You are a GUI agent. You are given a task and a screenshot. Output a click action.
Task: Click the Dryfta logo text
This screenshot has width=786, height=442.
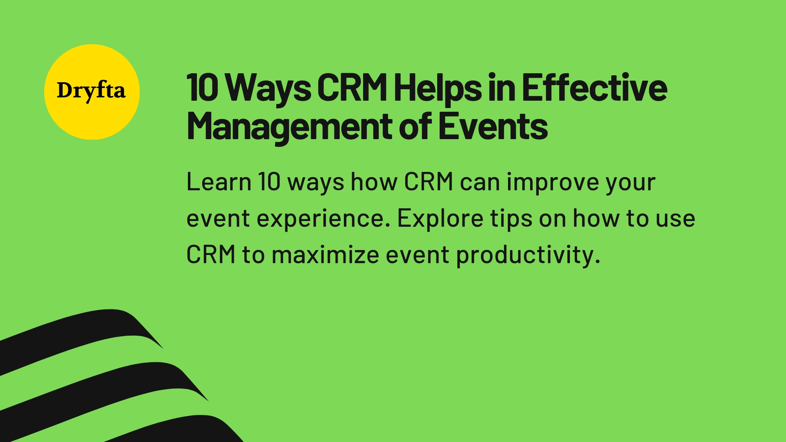(x=91, y=91)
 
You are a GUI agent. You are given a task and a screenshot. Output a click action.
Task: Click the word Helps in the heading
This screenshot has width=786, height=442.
(x=437, y=88)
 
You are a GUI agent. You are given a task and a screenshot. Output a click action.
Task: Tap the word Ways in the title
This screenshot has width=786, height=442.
(x=269, y=88)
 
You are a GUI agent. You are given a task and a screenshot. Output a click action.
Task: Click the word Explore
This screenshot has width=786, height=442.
(x=440, y=219)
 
